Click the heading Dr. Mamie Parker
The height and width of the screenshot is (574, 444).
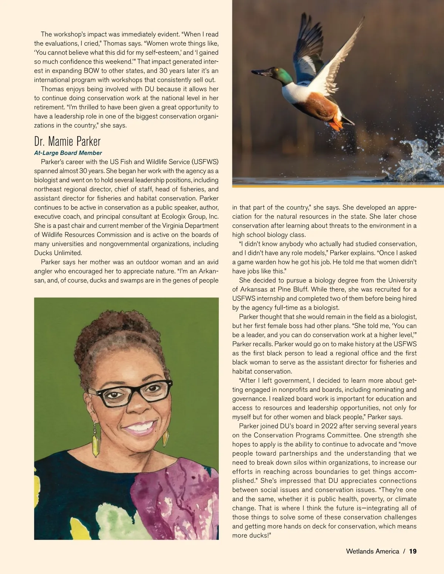pos(67,141)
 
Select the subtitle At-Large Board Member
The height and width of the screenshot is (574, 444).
pos(68,153)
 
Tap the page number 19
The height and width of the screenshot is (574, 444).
pos(413,551)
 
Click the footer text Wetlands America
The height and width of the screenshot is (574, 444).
pos(372,551)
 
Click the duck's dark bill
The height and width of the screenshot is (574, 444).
pos(261,72)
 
